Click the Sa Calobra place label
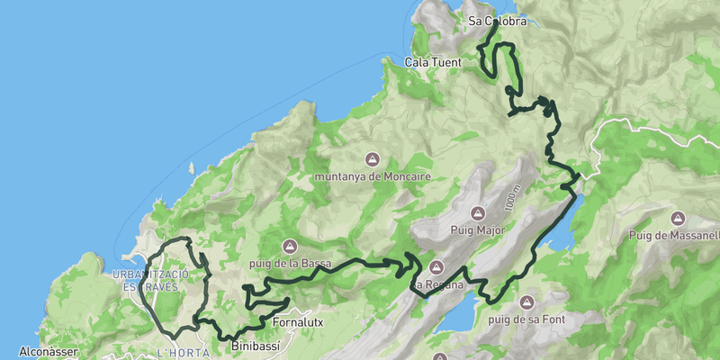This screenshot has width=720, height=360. pyautogui.click(x=497, y=20)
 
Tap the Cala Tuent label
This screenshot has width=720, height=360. pyautogui.click(x=433, y=62)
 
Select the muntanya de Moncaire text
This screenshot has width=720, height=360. pyautogui.click(x=373, y=177)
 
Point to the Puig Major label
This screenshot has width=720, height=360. pyautogui.click(x=478, y=230)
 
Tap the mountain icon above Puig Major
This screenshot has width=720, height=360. pyautogui.click(x=478, y=213)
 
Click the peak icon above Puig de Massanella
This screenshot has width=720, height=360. pyautogui.click(x=677, y=218)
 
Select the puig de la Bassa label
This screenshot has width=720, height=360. pyautogui.click(x=291, y=263)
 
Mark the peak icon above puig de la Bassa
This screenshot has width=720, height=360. pyautogui.click(x=290, y=245)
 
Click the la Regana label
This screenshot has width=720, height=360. pyautogui.click(x=437, y=285)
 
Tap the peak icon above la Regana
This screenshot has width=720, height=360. pyautogui.click(x=437, y=267)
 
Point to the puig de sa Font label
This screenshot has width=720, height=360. pyautogui.click(x=526, y=319)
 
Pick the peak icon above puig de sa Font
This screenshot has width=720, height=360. pyautogui.click(x=526, y=301)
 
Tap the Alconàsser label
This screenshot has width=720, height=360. pyautogui.click(x=49, y=351)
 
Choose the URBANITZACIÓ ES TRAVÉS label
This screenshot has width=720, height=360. pyautogui.click(x=149, y=279)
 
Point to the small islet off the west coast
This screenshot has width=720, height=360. pyautogui.click(x=190, y=167)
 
